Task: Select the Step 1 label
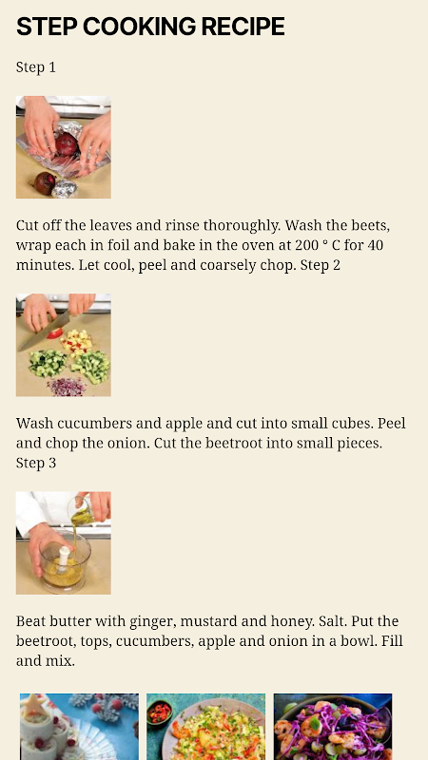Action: [36, 66]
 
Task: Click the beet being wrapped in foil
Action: [67, 144]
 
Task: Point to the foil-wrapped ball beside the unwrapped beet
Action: [65, 188]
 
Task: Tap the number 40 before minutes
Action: [375, 245]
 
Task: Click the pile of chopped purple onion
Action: [67, 387]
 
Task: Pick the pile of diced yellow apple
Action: [77, 342]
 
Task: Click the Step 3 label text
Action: [36, 463]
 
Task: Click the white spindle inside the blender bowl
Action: [64, 558]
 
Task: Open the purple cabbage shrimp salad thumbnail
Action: [333, 727]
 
